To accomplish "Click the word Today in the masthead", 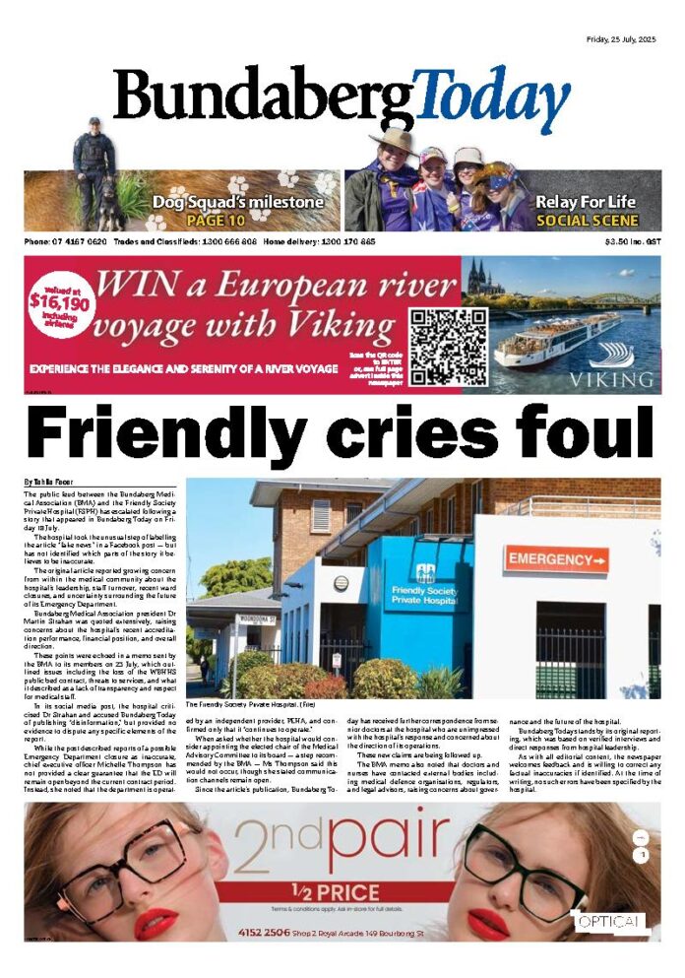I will pyautogui.click(x=491, y=99).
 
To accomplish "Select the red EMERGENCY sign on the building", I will pyautogui.click(x=556, y=559).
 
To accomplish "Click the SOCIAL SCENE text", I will pyautogui.click(x=587, y=221).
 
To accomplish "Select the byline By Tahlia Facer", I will pyautogui.click(x=55, y=481).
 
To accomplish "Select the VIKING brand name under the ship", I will pyautogui.click(x=615, y=378).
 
